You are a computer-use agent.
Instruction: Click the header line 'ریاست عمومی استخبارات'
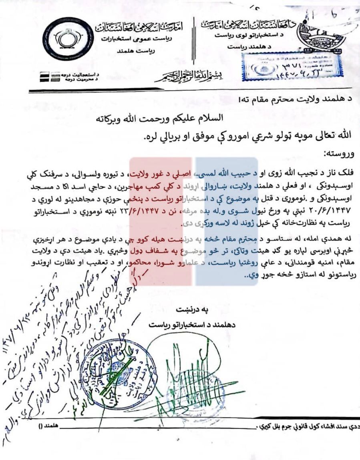tap(141, 40)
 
